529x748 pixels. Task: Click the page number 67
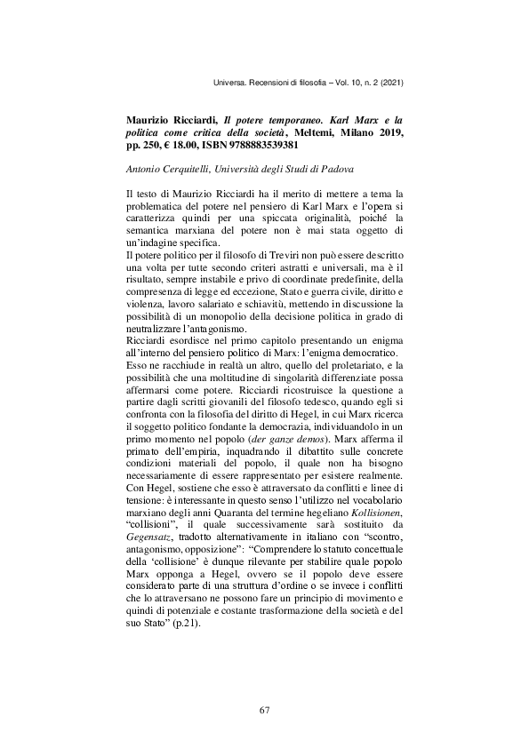click(264, 710)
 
